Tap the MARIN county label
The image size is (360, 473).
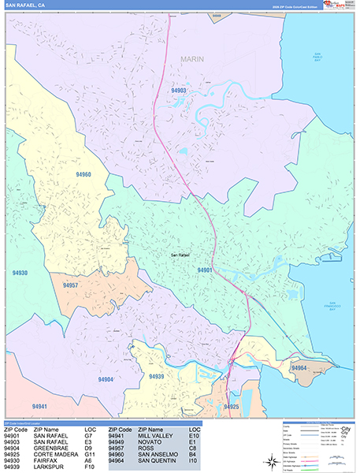(191, 59)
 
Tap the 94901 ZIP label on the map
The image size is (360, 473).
(205, 270)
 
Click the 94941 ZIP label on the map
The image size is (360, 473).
(40, 407)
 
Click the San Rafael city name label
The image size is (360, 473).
(180, 255)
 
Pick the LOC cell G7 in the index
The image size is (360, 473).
(89, 435)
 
